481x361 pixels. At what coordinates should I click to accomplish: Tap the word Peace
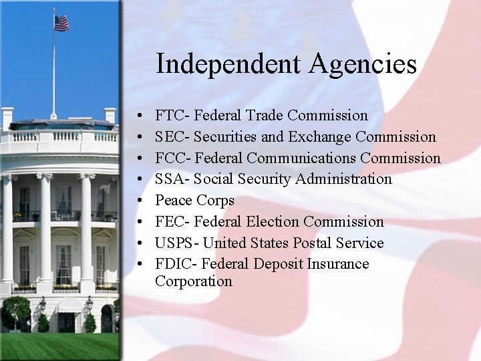click(x=174, y=201)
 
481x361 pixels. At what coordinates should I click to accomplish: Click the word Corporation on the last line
click(x=194, y=281)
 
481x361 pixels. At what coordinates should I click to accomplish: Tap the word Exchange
click(x=319, y=137)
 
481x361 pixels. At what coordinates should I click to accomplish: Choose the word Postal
click(x=316, y=243)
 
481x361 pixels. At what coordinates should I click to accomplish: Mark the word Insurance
click(x=338, y=264)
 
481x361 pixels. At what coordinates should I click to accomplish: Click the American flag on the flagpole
click(x=61, y=23)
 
